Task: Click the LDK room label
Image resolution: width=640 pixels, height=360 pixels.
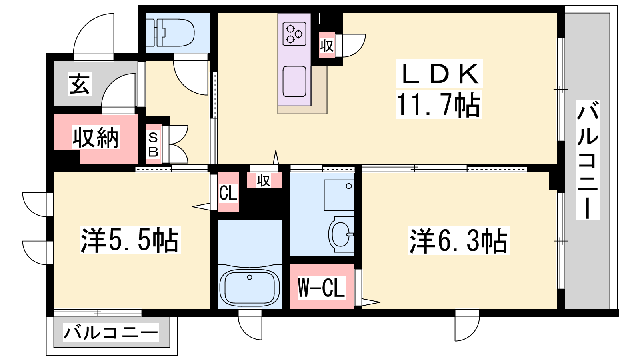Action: (x=439, y=74)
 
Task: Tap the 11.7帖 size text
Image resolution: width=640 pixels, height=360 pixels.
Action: (x=438, y=104)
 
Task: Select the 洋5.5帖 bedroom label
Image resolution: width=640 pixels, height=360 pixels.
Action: (x=130, y=240)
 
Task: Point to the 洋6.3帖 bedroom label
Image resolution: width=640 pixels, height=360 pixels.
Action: (x=458, y=240)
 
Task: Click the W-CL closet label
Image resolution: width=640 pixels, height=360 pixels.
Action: (x=322, y=288)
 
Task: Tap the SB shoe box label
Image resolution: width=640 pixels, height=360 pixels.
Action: (x=153, y=145)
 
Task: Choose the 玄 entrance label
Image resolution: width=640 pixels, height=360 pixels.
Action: (x=80, y=83)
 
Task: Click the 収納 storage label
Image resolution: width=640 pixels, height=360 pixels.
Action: (x=96, y=137)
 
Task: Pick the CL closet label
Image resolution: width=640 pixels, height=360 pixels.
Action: (x=228, y=193)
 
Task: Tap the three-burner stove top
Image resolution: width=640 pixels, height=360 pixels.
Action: (x=294, y=34)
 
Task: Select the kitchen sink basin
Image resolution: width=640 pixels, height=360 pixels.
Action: (x=294, y=82)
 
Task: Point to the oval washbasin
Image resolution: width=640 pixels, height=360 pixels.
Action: (x=341, y=234)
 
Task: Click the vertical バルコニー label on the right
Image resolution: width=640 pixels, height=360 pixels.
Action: (x=588, y=160)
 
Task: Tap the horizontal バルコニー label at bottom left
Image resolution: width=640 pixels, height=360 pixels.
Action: (x=111, y=332)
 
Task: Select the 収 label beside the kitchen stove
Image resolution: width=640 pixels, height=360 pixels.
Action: (x=327, y=46)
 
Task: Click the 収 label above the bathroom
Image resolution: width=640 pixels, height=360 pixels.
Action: (x=264, y=180)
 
